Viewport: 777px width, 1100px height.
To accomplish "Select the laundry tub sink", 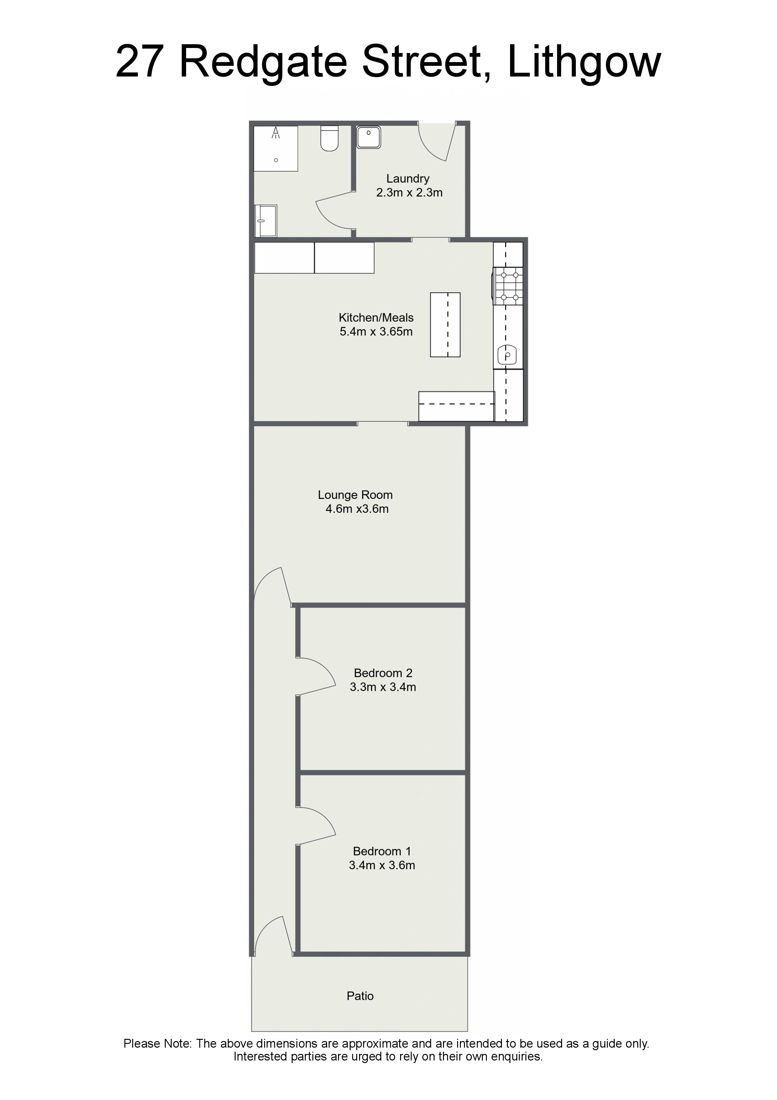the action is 369,137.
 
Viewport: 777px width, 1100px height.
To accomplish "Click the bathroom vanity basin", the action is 266,221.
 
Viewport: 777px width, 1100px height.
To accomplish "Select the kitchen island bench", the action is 445,325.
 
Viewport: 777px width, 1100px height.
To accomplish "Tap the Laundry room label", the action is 408,179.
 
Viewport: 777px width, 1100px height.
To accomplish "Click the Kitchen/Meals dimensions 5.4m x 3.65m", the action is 376,331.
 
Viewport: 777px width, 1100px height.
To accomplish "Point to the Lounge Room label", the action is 355,495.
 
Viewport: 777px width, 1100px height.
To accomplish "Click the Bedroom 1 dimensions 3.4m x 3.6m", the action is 382,865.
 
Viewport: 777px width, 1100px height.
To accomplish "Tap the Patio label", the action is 360,996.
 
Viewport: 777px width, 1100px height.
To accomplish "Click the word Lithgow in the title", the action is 584,61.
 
